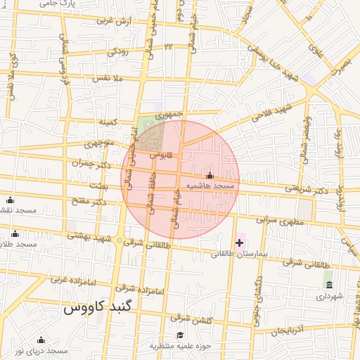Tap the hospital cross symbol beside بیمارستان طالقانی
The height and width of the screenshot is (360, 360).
tap(240, 243)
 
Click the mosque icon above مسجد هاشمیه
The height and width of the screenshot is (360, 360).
tap(209, 175)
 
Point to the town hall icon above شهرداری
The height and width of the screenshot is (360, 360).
tap(328, 284)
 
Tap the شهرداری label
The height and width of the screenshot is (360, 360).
tap(328, 296)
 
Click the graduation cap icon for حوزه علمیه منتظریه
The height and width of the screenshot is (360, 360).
tap(180, 335)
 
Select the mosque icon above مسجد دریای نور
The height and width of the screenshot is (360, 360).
tap(41, 340)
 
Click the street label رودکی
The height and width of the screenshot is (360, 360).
tap(117, 51)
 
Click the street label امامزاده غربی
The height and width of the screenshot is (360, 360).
tap(69, 278)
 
